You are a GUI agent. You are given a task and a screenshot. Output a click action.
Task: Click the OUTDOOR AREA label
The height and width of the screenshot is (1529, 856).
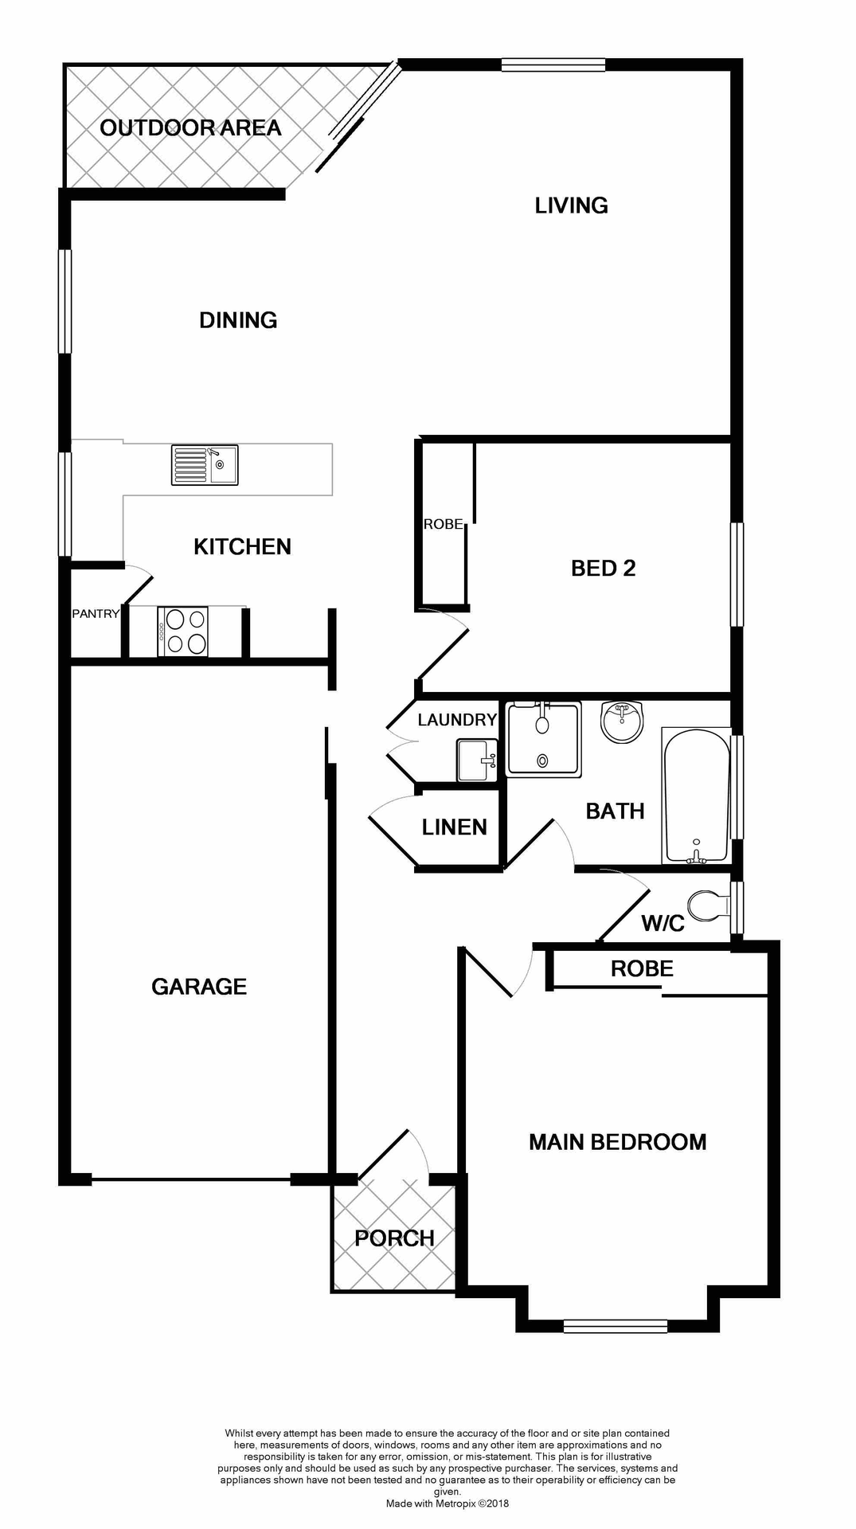(x=190, y=127)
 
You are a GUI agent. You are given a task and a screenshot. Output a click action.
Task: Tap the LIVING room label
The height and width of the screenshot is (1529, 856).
(x=571, y=205)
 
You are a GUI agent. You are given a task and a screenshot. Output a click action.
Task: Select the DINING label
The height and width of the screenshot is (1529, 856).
(x=238, y=320)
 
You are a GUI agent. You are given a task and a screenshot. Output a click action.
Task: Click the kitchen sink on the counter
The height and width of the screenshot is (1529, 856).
(x=205, y=465)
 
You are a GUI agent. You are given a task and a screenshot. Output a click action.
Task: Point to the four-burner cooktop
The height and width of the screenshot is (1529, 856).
(x=183, y=632)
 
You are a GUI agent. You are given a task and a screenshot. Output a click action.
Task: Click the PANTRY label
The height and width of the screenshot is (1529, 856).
(x=96, y=613)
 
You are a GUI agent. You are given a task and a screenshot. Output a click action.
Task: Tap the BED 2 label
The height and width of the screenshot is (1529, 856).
(x=603, y=568)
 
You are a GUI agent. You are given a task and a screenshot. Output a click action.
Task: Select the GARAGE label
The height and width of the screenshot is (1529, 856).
(x=199, y=987)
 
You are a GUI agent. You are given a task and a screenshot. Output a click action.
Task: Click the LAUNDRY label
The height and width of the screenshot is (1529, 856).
(x=457, y=720)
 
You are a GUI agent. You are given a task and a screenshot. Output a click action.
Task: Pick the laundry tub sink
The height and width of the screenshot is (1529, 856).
(x=477, y=761)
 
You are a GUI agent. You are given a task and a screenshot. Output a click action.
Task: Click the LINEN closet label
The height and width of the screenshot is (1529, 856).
(x=454, y=827)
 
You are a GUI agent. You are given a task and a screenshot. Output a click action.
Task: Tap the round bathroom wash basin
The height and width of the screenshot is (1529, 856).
(x=621, y=721)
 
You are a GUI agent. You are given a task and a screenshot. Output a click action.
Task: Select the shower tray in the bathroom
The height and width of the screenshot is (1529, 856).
(x=544, y=739)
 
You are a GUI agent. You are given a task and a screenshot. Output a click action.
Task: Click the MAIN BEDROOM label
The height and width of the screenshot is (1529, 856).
(x=617, y=1142)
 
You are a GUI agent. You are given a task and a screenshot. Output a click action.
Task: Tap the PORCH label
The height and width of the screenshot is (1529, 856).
(x=394, y=1238)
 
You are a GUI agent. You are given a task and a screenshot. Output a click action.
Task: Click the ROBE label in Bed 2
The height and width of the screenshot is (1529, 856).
(x=443, y=524)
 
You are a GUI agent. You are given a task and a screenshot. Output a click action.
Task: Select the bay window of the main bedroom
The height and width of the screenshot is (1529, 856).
(x=615, y=1326)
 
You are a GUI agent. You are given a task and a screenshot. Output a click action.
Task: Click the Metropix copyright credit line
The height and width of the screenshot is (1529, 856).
(x=447, y=1504)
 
